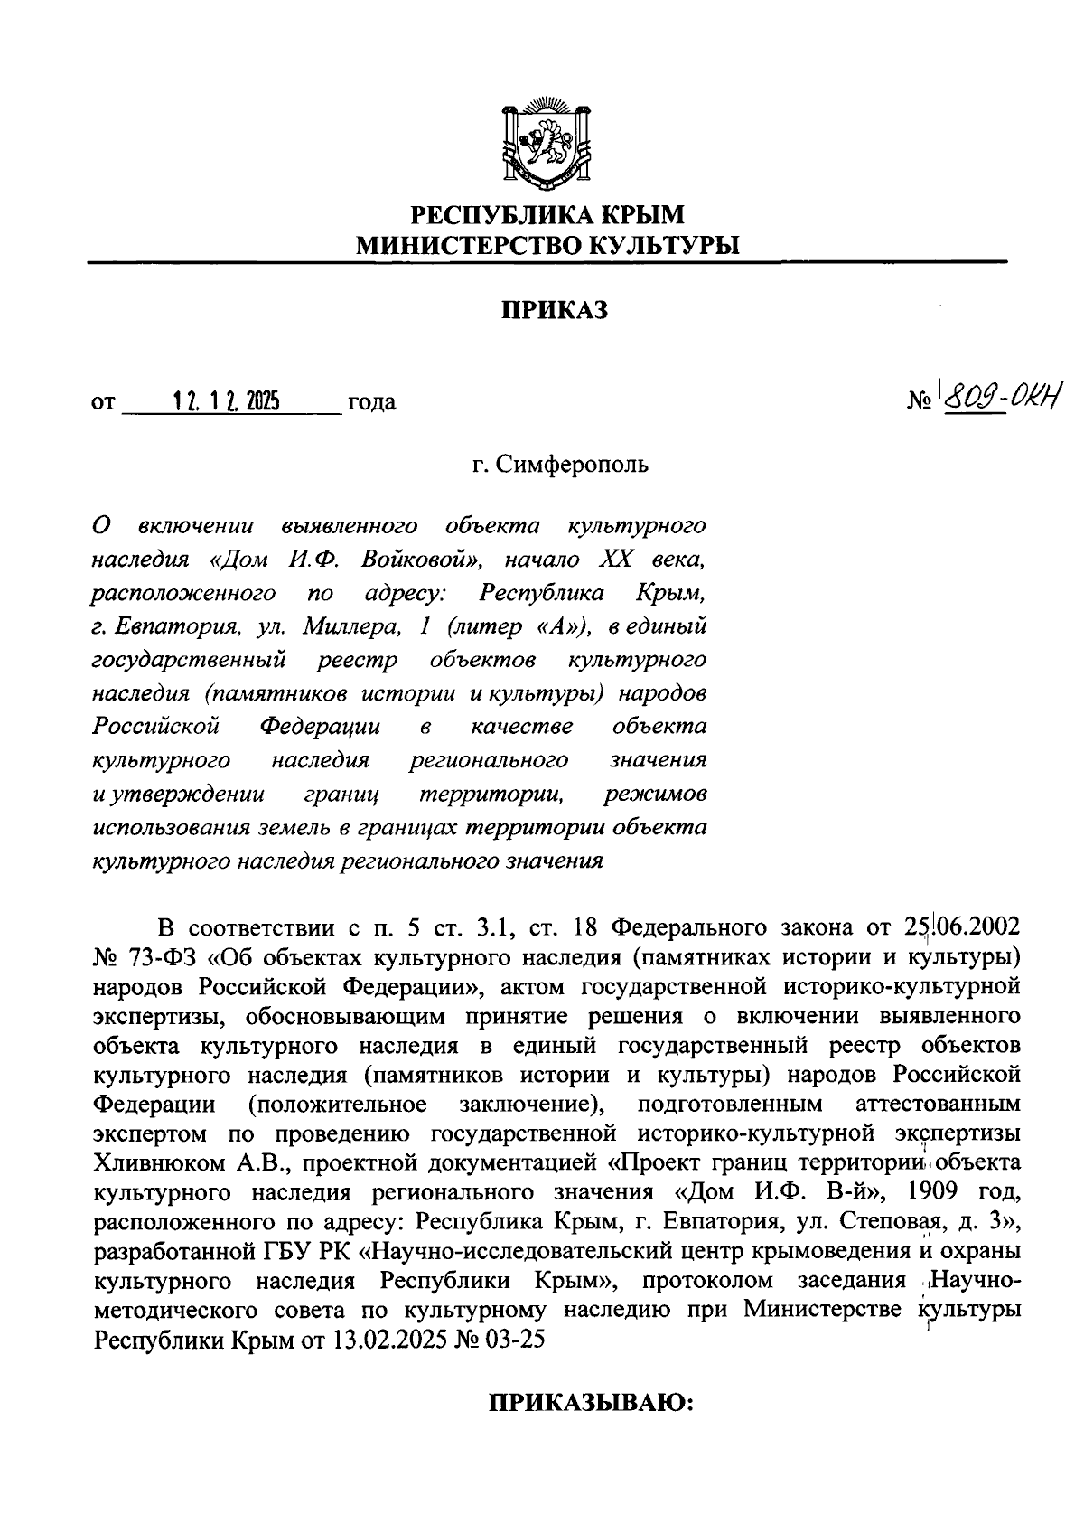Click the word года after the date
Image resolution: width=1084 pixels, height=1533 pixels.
371,402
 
